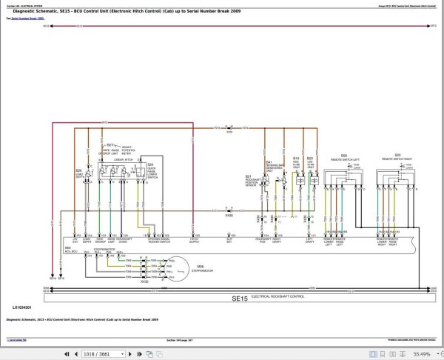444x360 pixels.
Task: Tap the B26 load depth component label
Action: (78, 171)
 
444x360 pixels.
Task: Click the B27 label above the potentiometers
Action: (111, 144)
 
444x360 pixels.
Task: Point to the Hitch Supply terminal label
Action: (195, 241)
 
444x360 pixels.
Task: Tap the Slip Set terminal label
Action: (228, 241)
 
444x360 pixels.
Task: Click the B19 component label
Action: (295, 158)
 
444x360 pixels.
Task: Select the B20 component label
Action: (309, 158)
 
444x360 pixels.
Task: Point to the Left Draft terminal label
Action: (310, 241)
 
